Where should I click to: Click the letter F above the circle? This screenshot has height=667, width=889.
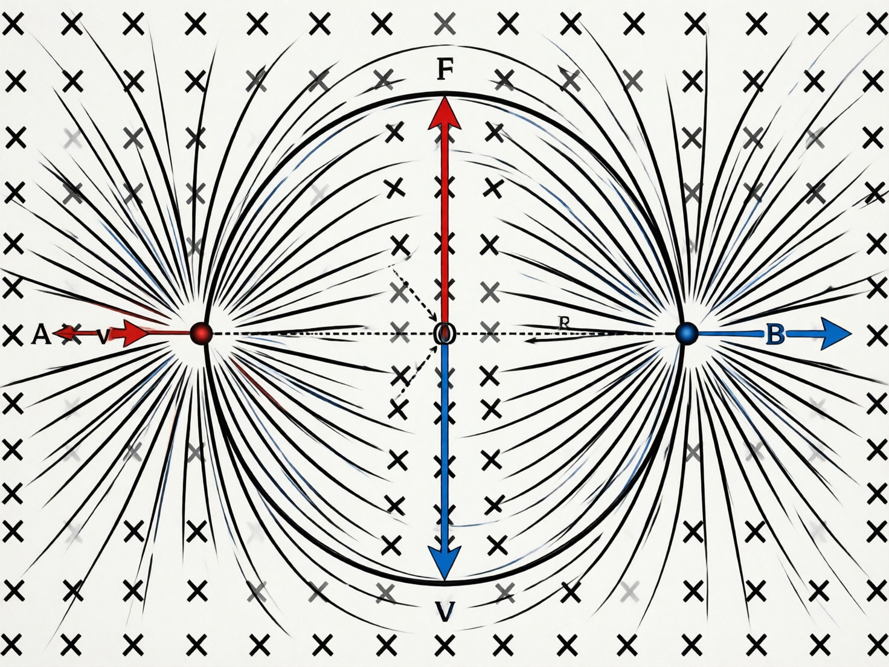pyautogui.click(x=444, y=70)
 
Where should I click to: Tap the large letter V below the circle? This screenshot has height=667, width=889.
pyautogui.click(x=445, y=613)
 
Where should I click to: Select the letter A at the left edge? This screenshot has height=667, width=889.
pyautogui.click(x=40, y=334)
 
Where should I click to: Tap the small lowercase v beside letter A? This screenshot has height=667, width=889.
pyautogui.click(x=103, y=335)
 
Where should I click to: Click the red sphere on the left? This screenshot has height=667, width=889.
pyautogui.click(x=201, y=333)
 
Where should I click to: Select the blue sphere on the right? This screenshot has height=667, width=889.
pyautogui.click(x=686, y=333)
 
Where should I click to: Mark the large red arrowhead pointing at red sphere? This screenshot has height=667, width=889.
pyautogui.click(x=136, y=333)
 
